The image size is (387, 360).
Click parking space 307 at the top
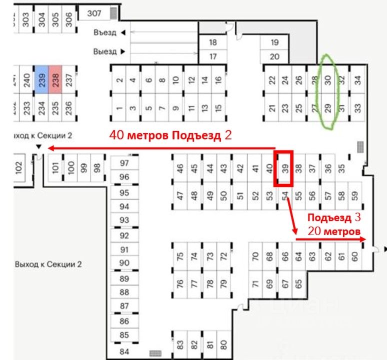(94, 13)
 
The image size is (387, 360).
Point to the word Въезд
(104, 33)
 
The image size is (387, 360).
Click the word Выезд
(104, 51)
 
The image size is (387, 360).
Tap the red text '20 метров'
(333, 231)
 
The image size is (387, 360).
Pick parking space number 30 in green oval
(328, 79)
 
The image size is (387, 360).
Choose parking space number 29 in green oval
(328, 107)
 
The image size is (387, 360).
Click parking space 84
(124, 352)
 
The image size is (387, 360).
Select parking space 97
(124, 163)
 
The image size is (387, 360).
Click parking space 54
(285, 195)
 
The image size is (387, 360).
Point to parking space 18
(213, 42)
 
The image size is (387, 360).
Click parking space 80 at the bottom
(223, 344)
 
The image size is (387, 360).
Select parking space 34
(357, 79)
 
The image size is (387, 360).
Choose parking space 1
(119, 107)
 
